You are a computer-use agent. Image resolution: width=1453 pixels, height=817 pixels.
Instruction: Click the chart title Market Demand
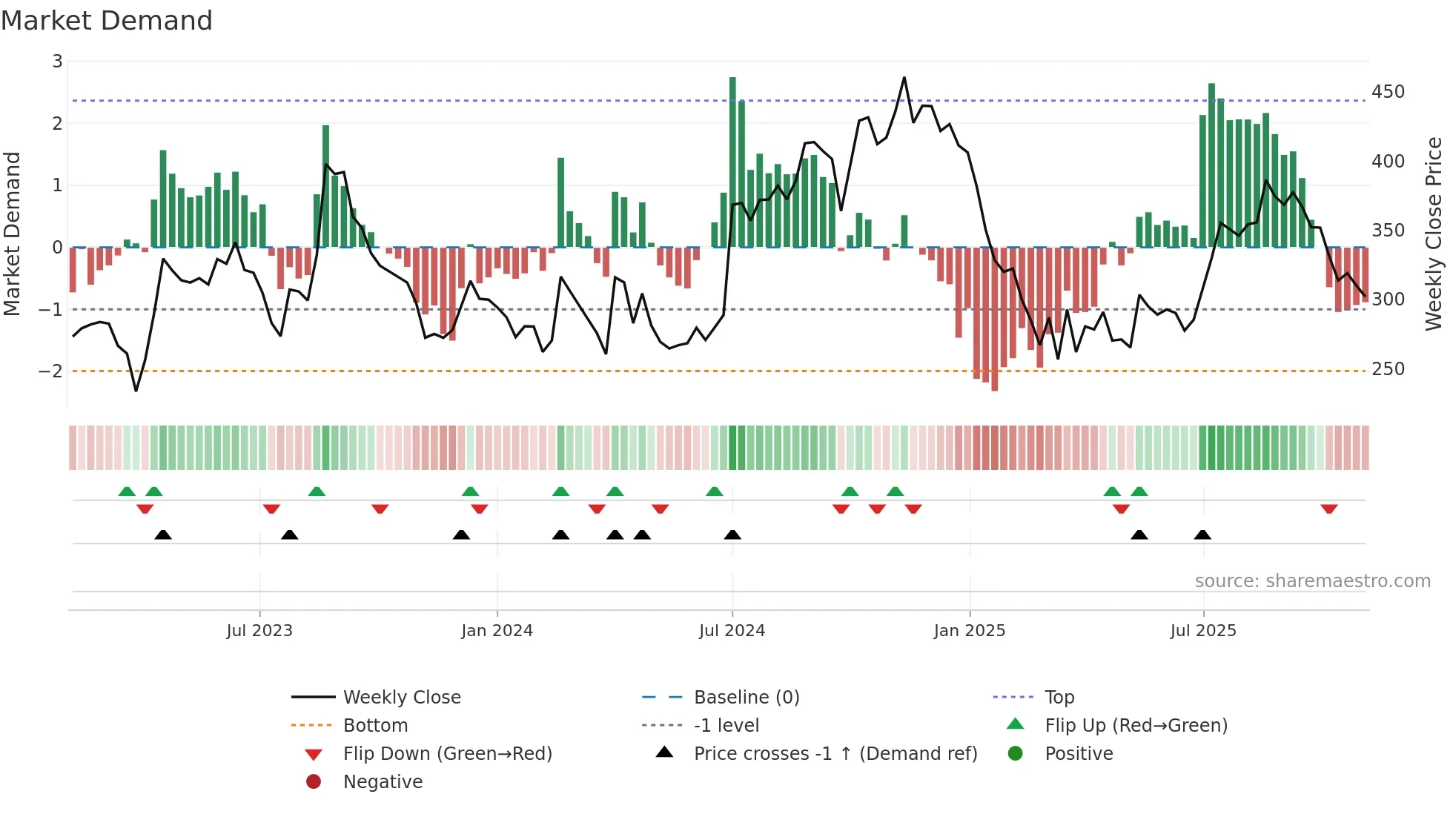(x=107, y=21)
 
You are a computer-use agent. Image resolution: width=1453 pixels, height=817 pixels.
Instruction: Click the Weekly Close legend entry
(x=401, y=697)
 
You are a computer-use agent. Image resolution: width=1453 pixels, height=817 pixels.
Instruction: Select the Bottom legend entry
(x=375, y=725)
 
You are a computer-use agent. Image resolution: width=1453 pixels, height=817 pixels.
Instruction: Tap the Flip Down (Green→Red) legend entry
(x=447, y=753)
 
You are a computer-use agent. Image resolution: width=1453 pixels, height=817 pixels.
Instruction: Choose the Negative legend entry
(x=383, y=781)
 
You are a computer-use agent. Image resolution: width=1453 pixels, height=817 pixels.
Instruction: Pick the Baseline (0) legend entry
(x=746, y=697)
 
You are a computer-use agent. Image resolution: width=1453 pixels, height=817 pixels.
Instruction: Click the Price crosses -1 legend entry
(x=835, y=753)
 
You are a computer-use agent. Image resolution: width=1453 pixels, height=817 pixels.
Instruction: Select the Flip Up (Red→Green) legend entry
(x=1136, y=725)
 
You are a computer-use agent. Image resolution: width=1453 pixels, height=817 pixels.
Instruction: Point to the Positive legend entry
(x=1079, y=753)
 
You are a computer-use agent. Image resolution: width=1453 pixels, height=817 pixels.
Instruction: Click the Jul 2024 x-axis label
(x=732, y=630)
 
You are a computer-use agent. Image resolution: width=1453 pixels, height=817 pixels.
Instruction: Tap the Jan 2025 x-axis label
(x=969, y=630)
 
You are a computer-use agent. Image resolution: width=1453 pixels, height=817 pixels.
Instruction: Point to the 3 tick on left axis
(x=57, y=62)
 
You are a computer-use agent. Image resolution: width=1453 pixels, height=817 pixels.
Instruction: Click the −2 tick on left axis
(x=51, y=371)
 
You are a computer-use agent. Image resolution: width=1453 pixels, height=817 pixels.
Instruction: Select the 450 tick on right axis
(x=1388, y=92)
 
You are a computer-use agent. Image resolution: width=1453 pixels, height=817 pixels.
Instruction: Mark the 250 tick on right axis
(x=1388, y=368)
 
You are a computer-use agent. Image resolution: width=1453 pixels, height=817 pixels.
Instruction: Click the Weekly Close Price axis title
(x=1434, y=234)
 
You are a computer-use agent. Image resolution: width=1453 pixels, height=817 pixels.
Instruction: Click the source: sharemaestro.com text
(x=1312, y=581)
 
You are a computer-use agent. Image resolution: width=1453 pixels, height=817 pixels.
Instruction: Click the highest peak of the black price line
(x=904, y=78)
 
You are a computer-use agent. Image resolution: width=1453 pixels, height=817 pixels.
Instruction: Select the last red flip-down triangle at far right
(x=1328, y=509)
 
